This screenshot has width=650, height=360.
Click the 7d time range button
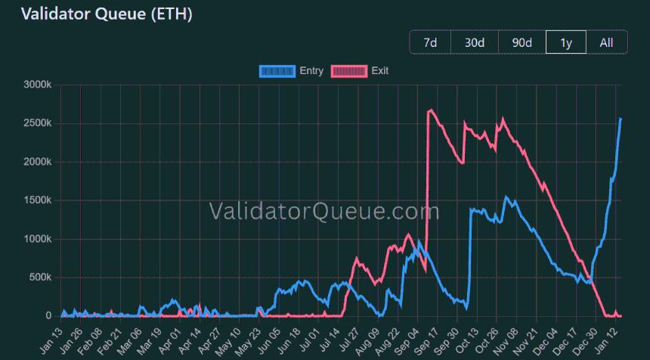pyautogui.click(x=430, y=42)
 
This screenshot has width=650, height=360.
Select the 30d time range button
pyautogui.click(x=474, y=42)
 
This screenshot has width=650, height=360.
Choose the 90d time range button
pyautogui.click(x=522, y=42)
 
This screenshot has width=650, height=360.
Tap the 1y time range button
pyautogui.click(x=565, y=42)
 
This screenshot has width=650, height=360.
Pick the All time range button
pyautogui.click(x=606, y=42)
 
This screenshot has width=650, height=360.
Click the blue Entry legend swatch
pyautogui.click(x=277, y=71)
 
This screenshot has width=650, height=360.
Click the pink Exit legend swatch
pyautogui.click(x=350, y=71)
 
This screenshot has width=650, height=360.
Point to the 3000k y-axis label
pyautogui.click(x=37, y=85)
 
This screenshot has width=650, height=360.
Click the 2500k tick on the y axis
pyautogui.click(x=37, y=123)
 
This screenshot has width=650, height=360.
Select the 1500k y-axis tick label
pyautogui.click(x=37, y=200)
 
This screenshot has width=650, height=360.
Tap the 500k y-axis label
pyautogui.click(x=39, y=278)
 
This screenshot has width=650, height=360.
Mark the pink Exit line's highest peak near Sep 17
pyautogui.click(x=430, y=110)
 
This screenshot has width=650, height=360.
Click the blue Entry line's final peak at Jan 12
pyautogui.click(x=621, y=119)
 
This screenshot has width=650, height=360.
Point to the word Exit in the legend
pyautogui.click(x=380, y=71)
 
